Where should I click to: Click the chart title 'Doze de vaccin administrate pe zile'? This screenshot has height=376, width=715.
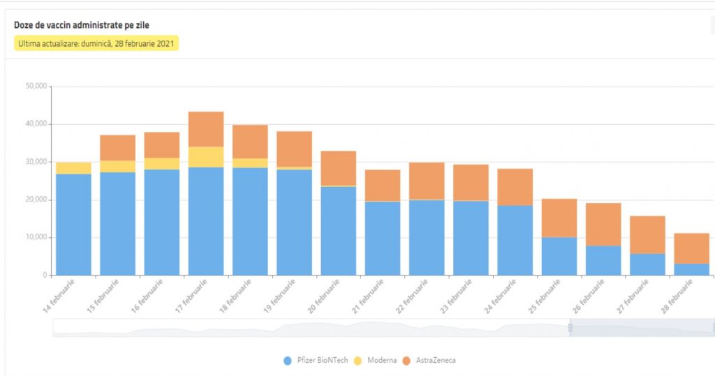pos(82,26)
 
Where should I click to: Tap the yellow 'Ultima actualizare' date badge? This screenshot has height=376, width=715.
pos(97,43)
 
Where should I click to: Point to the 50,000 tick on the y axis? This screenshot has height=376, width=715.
pos(36,87)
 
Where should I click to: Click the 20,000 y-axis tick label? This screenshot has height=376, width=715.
pos(36,200)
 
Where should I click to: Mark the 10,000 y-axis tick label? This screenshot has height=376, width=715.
pos(36,237)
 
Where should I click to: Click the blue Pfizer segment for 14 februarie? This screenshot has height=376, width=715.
pos(73,223)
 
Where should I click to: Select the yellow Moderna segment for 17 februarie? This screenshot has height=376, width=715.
pos(206,157)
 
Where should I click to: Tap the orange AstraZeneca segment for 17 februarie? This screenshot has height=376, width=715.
pos(206,129)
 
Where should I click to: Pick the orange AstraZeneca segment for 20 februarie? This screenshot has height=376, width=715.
pos(339,168)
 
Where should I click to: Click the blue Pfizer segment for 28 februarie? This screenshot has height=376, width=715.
pos(692,269)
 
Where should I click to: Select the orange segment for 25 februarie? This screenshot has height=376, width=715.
pos(559,218)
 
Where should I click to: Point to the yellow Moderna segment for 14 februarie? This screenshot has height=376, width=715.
pos(73,168)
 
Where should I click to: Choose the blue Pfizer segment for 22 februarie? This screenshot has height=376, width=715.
pos(427,237)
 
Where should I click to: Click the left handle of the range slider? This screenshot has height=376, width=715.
pos(570,327)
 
